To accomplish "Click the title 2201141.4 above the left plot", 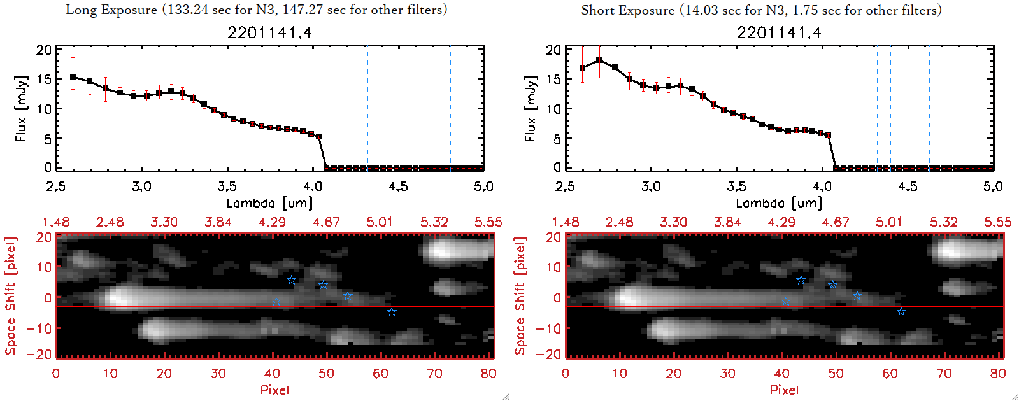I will click(269, 32).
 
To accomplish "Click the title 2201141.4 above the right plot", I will click(779, 32).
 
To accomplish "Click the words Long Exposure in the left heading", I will click(111, 10).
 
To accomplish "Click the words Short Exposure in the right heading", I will click(627, 10).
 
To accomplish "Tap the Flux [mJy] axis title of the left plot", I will click(21, 108).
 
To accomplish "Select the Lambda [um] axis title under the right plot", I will click(779, 203).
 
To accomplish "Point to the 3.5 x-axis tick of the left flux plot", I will click(227, 186).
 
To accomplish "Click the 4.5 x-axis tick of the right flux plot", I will click(908, 186).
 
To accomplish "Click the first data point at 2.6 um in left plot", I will click(73, 77).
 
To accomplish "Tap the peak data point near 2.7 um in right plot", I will click(599, 60).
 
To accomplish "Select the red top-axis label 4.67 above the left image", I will click(326, 222).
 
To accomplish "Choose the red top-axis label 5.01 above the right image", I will click(889, 222).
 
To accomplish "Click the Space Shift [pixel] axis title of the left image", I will click(10, 296).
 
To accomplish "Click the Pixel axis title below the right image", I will click(784, 390).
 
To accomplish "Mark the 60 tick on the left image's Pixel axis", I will click(380, 374).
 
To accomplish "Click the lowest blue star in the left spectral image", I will click(392, 311).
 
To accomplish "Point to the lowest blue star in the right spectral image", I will click(901, 311).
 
